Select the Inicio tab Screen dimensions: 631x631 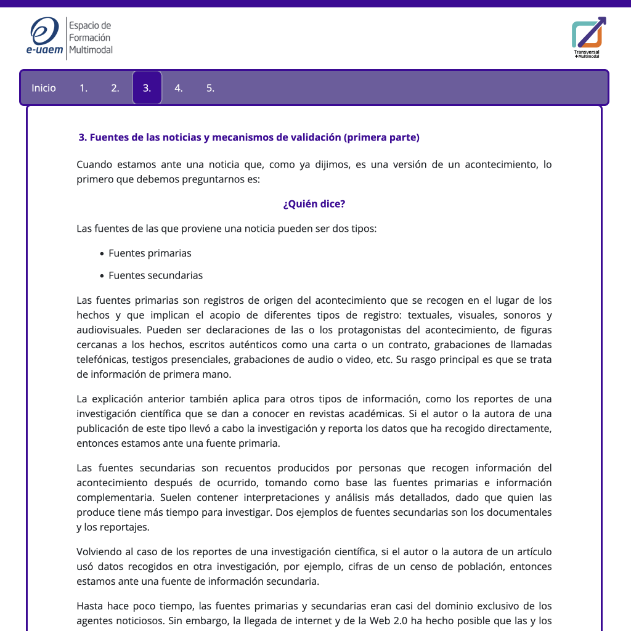coord(44,88)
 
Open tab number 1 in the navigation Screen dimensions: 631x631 coord(83,88)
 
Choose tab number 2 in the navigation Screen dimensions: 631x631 coord(115,88)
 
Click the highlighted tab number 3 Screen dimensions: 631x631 coord(147,88)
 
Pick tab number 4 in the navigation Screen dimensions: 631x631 coord(179,88)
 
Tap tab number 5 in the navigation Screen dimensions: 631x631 coord(210,88)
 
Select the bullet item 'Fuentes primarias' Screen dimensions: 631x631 coord(150,253)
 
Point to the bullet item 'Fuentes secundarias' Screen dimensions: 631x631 coord(155,275)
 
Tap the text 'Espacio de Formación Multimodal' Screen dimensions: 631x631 coord(91,37)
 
